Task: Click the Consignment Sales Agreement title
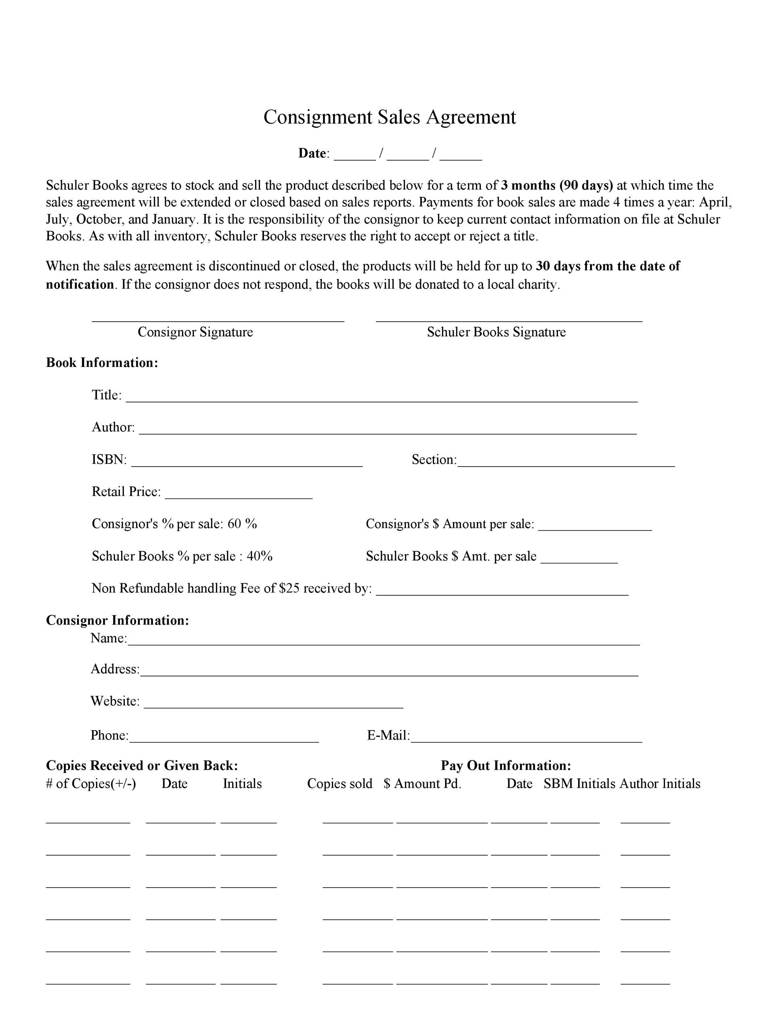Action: point(390,117)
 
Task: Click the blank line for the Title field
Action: point(382,400)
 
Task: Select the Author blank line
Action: point(388,432)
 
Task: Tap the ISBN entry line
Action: point(247,465)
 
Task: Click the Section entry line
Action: point(566,465)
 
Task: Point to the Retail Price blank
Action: point(239,497)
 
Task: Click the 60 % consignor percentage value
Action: point(242,524)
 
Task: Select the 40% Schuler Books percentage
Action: point(260,556)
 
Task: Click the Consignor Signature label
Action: point(195,332)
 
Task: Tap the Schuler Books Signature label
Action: point(496,332)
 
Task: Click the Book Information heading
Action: point(102,363)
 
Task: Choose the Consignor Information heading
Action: point(117,620)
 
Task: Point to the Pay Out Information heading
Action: point(505,766)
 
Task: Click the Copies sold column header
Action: point(340,784)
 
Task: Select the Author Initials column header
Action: point(660,784)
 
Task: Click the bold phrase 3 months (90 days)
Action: point(557,185)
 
